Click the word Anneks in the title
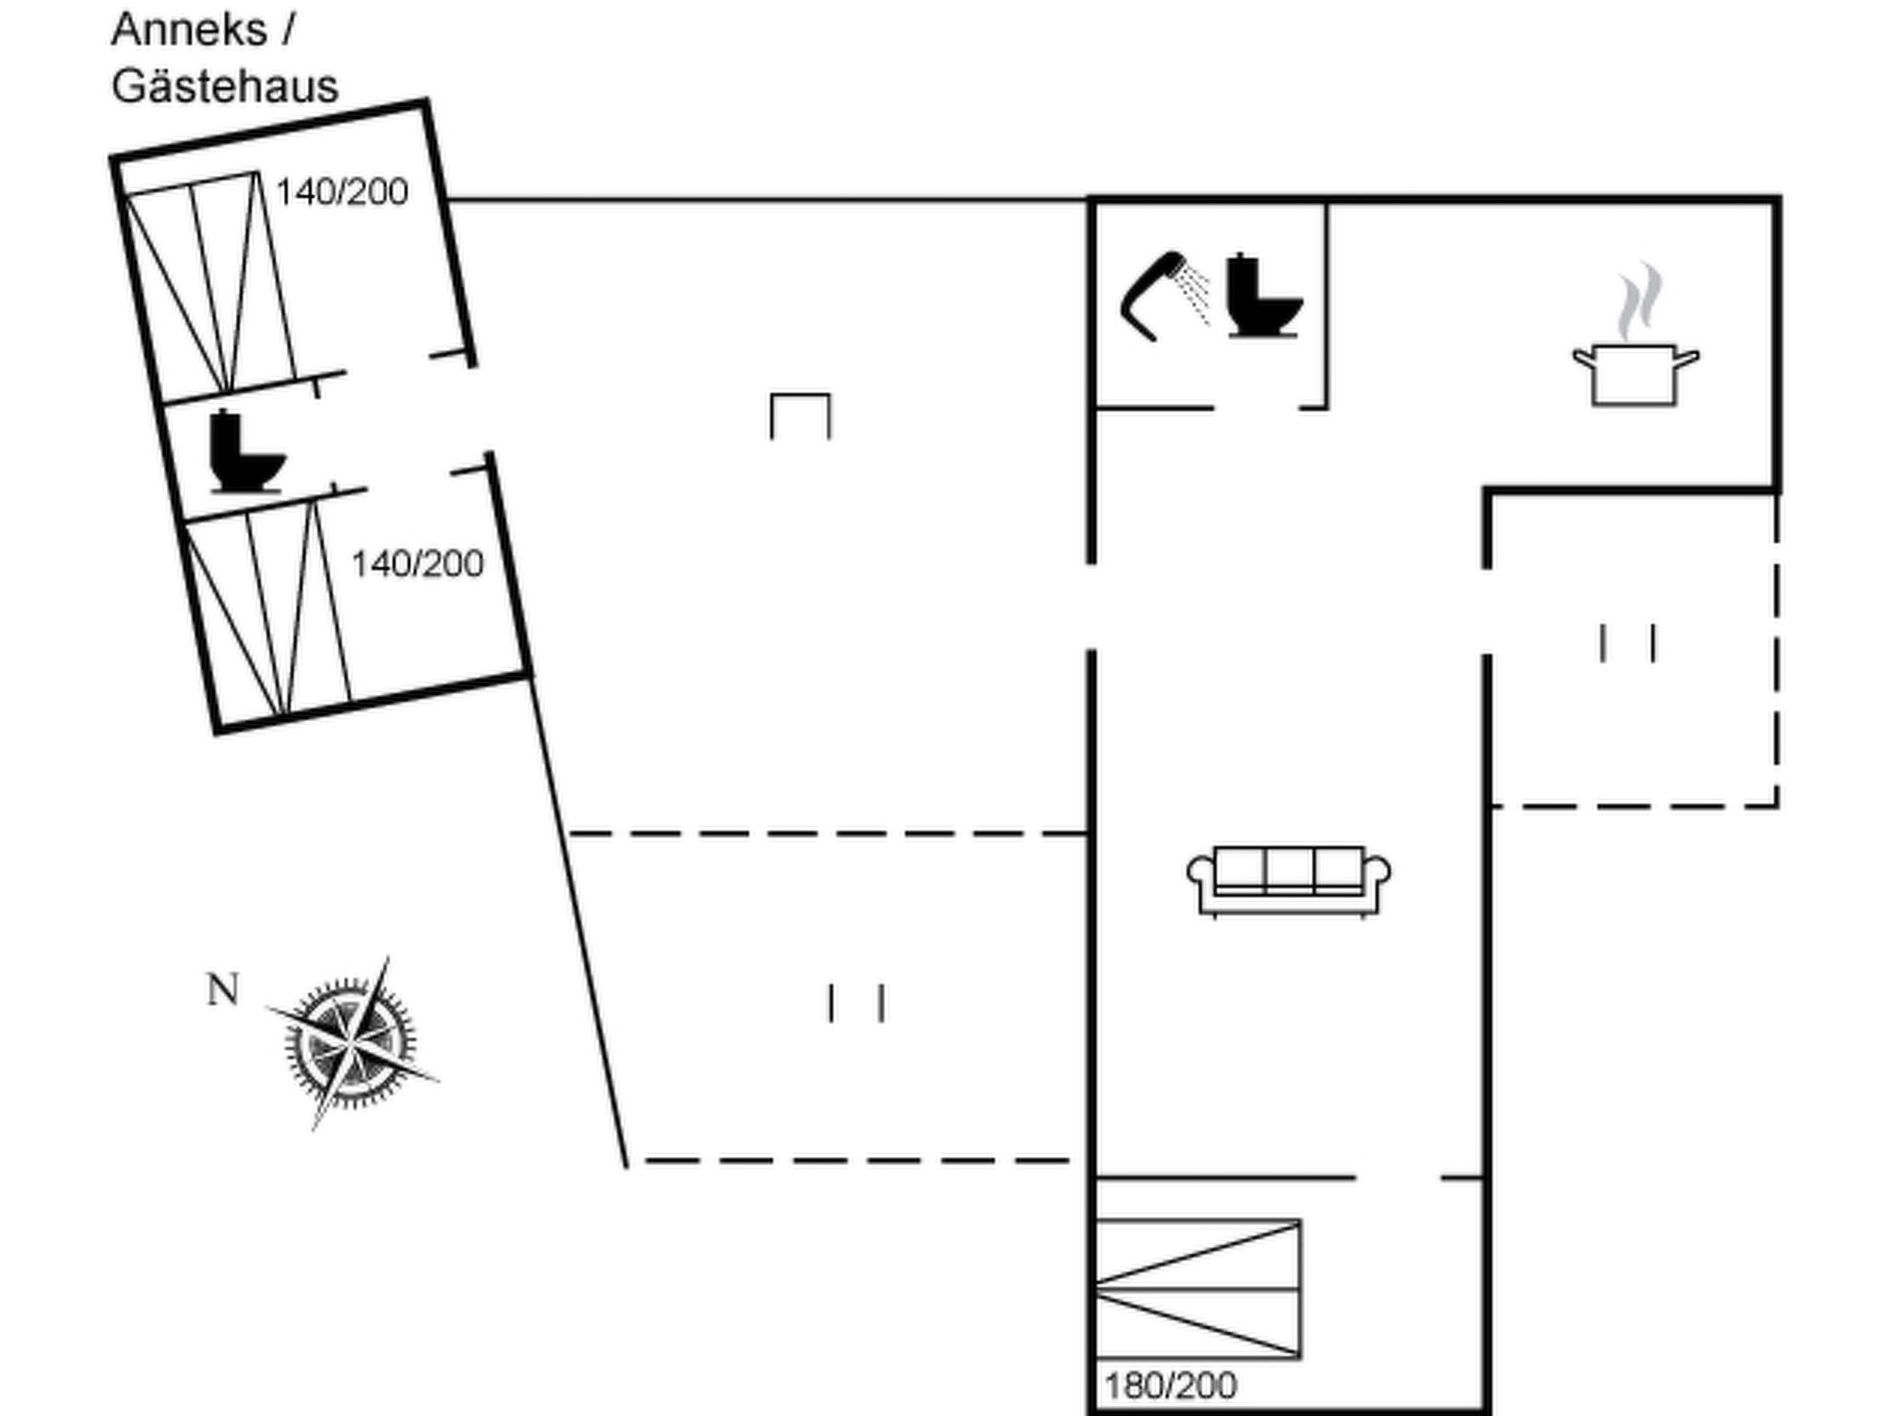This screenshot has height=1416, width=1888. click(189, 29)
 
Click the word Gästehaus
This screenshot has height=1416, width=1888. click(225, 87)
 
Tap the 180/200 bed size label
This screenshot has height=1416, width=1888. click(1171, 1386)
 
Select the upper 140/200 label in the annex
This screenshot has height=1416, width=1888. click(342, 192)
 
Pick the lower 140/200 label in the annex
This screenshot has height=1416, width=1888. click(418, 563)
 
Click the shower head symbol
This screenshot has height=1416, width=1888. click(1152, 295)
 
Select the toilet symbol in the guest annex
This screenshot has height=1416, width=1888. click(247, 452)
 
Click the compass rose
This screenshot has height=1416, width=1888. click(351, 1043)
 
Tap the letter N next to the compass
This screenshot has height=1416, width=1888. click(223, 990)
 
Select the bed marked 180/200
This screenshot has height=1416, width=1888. click(1198, 1289)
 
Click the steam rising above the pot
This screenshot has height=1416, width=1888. click(1638, 301)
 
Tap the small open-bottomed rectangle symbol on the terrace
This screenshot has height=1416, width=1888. click(800, 416)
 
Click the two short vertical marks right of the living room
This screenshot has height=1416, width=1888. click(1628, 643)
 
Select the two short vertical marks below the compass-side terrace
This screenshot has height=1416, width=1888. click(856, 1003)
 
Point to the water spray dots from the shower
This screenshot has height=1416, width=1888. click(1195, 293)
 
